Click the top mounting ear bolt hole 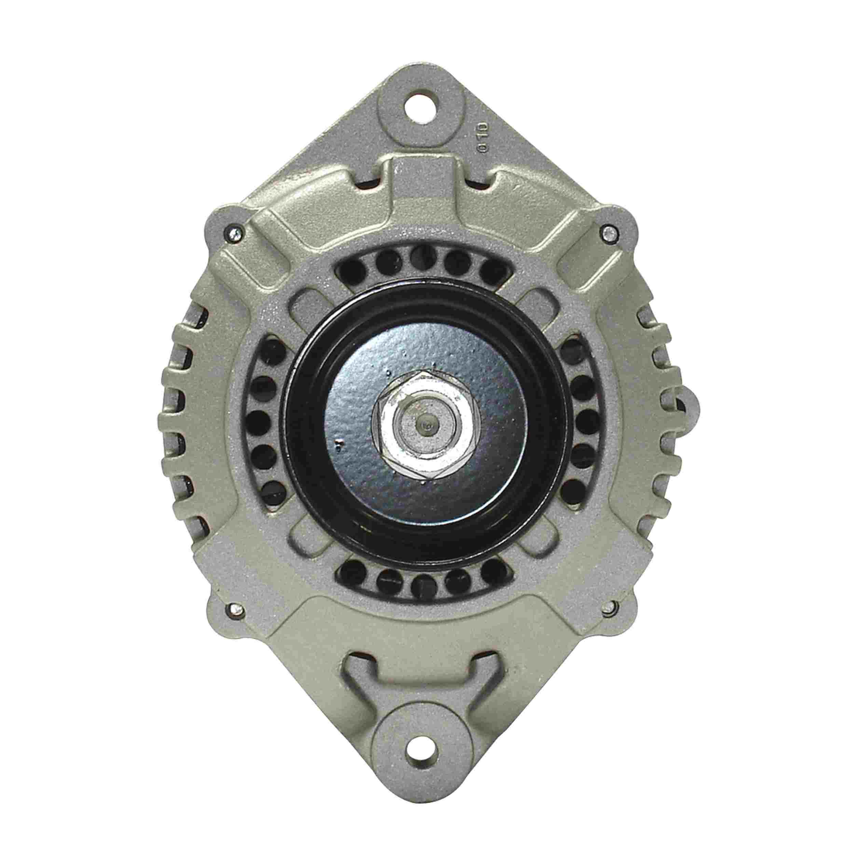423,106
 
